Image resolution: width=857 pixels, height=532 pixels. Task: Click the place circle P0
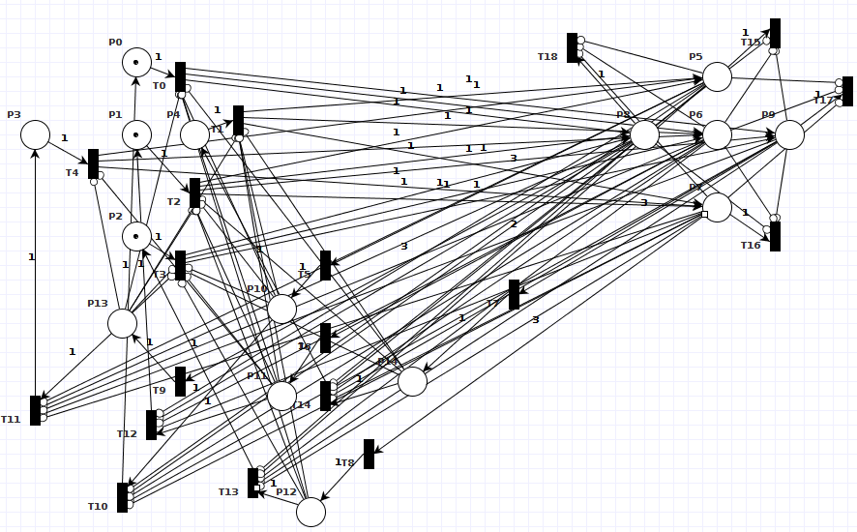click(x=136, y=63)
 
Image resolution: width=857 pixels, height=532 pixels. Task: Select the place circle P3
click(x=35, y=135)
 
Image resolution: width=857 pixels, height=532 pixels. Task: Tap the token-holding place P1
click(x=136, y=135)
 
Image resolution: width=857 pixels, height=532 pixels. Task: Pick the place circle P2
click(x=136, y=236)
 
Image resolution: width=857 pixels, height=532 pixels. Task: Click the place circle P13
click(x=122, y=323)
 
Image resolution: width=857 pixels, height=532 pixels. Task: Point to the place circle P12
click(x=310, y=512)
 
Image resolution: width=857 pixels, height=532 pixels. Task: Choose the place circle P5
click(x=717, y=76)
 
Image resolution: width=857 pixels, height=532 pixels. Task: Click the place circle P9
click(x=789, y=134)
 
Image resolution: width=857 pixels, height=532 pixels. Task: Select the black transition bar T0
click(x=180, y=77)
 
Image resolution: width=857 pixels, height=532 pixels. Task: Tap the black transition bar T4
click(x=93, y=163)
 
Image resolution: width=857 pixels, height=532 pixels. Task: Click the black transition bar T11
click(x=35, y=410)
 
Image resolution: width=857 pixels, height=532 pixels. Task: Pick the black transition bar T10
click(x=122, y=497)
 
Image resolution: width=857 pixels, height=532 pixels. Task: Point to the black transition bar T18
click(x=572, y=48)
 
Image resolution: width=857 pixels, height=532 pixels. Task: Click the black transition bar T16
click(x=775, y=236)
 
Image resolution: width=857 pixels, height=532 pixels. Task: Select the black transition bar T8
click(x=369, y=454)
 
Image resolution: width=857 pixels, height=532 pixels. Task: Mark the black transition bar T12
click(x=151, y=425)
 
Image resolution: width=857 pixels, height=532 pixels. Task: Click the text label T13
click(x=228, y=492)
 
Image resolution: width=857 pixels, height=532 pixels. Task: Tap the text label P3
click(x=14, y=115)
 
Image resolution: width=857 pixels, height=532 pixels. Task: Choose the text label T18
click(x=547, y=57)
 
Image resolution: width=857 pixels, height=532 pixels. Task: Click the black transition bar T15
click(x=775, y=33)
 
